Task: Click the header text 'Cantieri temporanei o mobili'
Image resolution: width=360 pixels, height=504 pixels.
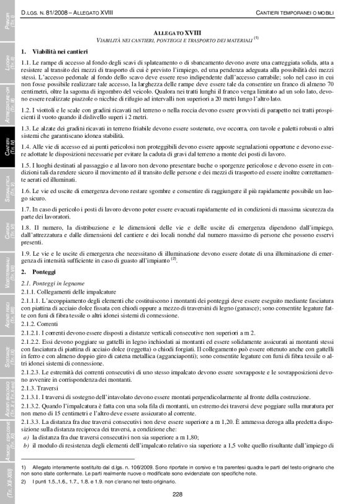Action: point(295,13)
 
